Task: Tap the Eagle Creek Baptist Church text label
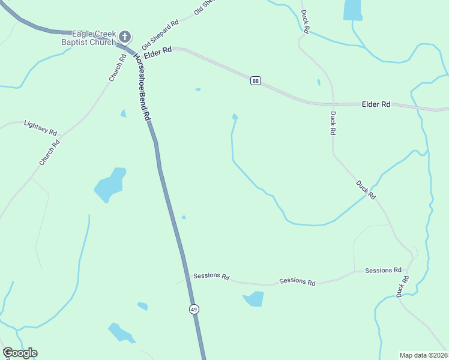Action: click(x=88, y=38)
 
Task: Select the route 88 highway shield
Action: click(x=256, y=81)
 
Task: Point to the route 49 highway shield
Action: click(x=193, y=310)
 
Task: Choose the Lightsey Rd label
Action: click(x=40, y=127)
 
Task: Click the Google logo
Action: click(x=20, y=353)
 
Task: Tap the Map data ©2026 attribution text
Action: click(x=423, y=355)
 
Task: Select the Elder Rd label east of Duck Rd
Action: click(x=376, y=104)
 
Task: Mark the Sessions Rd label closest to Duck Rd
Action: click(x=383, y=271)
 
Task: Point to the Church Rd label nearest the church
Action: click(x=116, y=67)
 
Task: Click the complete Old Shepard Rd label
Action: click(x=160, y=35)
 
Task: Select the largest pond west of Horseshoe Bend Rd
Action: click(x=110, y=185)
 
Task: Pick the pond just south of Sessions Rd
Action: click(x=254, y=298)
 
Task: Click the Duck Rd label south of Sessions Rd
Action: click(x=403, y=286)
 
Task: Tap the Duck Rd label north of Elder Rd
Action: click(x=306, y=21)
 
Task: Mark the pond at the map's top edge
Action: click(x=352, y=9)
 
